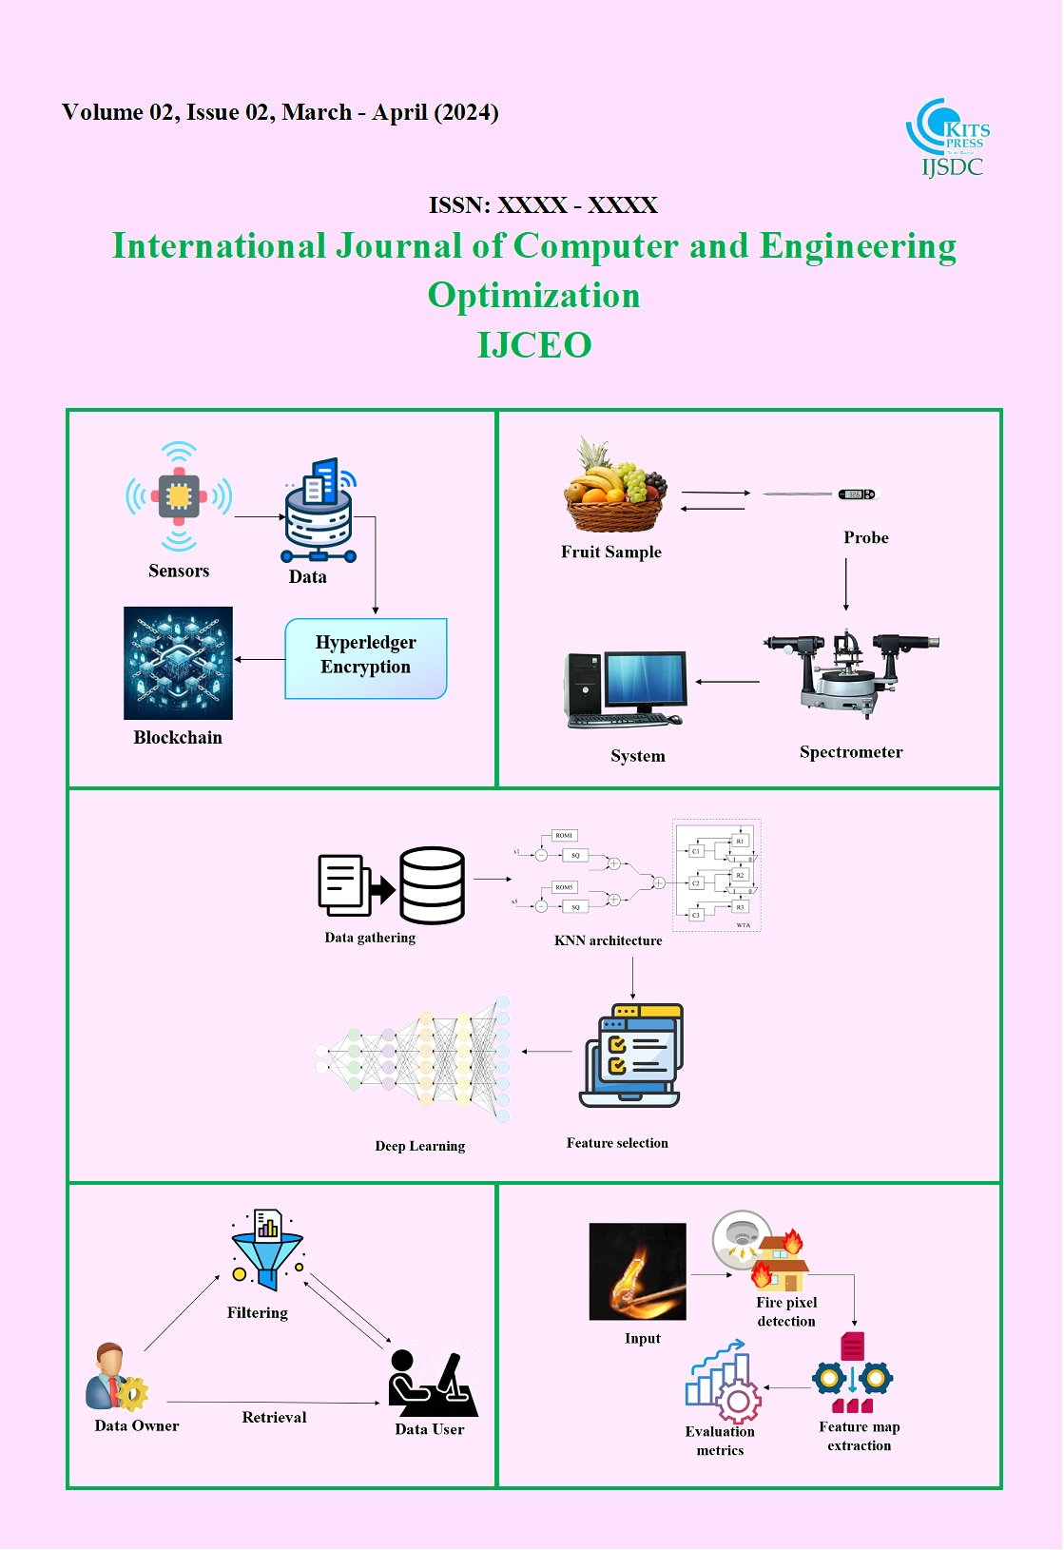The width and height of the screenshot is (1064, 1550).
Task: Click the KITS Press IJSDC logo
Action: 949,139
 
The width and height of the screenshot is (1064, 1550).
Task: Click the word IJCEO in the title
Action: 534,345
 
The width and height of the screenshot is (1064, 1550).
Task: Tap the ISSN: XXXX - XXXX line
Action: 543,205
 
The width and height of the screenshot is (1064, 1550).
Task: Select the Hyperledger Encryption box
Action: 366,658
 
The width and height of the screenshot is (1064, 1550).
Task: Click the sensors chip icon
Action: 179,496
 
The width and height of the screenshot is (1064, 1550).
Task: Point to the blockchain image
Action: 178,663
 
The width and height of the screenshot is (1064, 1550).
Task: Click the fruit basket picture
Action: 614,487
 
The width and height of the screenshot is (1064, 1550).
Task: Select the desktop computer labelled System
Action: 625,689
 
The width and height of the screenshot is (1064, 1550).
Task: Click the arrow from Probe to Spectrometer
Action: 846,585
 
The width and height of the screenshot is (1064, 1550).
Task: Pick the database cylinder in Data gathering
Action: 433,885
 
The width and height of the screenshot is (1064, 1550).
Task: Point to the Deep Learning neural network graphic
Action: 414,1058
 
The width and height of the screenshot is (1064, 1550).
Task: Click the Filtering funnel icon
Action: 267,1249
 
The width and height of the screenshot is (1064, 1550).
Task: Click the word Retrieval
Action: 274,1417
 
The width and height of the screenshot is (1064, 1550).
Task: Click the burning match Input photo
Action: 637,1271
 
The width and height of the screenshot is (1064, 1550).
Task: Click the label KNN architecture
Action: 609,940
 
